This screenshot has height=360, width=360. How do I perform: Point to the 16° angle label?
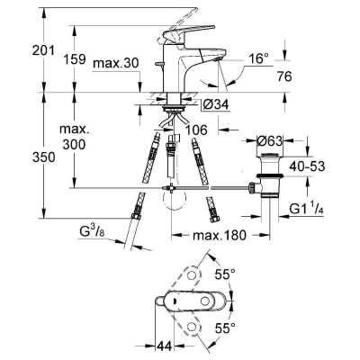point(259,58)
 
